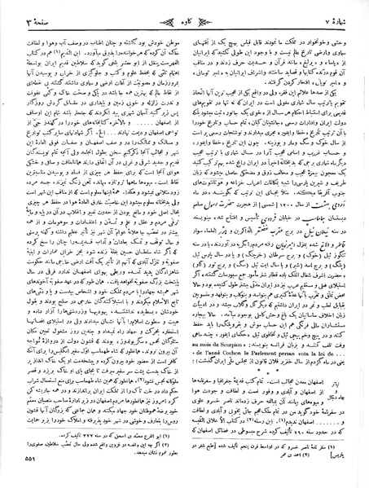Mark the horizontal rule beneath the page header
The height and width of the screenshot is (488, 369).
click(184, 25)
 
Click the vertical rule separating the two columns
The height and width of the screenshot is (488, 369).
click(184, 244)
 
